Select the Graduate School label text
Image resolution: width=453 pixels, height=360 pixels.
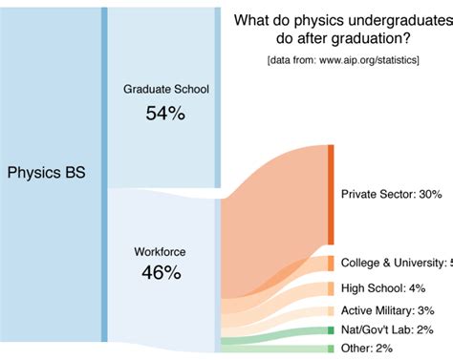(165, 90)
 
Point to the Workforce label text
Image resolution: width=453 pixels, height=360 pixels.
(161, 252)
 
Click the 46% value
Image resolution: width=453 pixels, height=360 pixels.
(162, 273)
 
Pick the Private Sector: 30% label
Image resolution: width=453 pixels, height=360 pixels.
(391, 194)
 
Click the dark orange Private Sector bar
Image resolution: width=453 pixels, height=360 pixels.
(331, 194)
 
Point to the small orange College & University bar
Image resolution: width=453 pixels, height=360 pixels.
(331, 264)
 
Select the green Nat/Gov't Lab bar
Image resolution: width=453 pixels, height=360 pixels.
(331, 329)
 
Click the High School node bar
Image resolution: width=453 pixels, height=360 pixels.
(331, 287)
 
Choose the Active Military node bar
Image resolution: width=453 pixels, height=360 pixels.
(331, 310)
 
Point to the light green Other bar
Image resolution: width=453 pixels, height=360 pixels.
(331, 348)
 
